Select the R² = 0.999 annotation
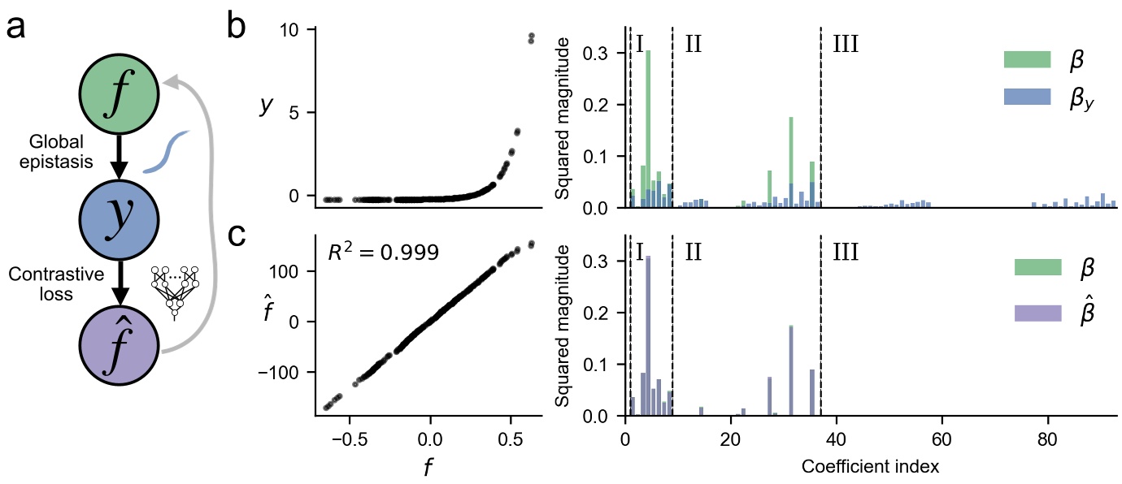(383, 253)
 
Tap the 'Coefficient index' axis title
(871, 467)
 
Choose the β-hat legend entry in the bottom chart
(1056, 313)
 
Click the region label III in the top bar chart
(846, 43)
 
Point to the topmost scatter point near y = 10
(531, 36)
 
